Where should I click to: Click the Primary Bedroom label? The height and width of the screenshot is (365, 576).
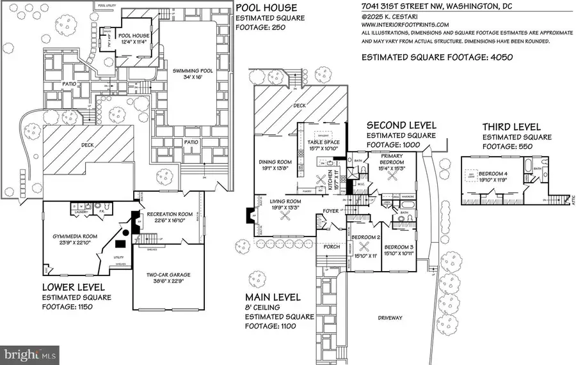click(391, 159)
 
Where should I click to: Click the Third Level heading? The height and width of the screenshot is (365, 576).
click(512, 127)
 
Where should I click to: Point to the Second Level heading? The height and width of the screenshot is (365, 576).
click(401, 125)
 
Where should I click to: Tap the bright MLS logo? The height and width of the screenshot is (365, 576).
click(31, 352)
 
